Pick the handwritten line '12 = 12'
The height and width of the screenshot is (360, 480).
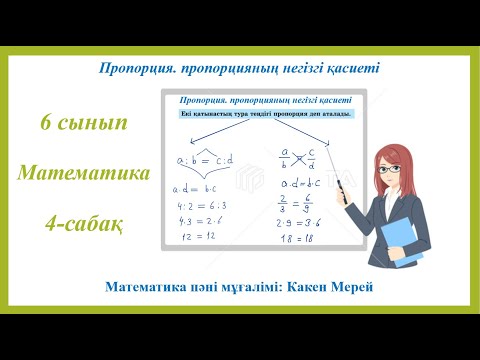[205, 241]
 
